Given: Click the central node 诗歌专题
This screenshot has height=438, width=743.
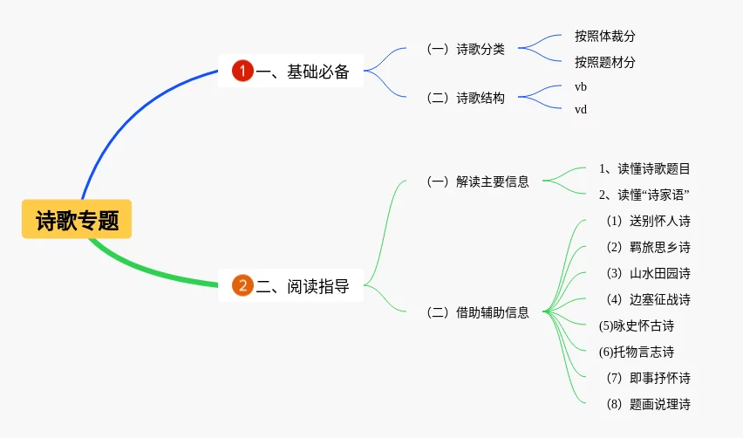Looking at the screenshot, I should point(77,220).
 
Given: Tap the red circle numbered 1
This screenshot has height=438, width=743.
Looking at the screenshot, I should point(242,71).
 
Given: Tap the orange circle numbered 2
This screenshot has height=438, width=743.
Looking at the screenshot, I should point(242,285).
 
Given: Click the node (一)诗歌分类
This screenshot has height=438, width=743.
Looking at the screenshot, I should point(466,49).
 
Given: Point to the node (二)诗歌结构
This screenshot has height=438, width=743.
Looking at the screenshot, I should point(466,98).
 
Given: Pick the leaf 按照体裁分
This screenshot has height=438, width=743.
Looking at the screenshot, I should point(604,37).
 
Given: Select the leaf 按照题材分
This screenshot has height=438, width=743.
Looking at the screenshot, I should point(604,63).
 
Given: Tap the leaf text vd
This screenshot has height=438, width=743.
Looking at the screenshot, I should point(581,109).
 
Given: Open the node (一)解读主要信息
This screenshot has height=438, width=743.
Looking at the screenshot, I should point(478,181).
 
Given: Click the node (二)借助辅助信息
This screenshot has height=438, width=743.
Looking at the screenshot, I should point(478,311).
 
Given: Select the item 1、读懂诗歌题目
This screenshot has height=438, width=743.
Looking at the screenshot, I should point(644,168).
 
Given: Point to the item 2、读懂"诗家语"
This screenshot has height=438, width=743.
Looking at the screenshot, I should point(644,195).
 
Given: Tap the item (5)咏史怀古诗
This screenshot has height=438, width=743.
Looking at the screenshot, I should point(636,325).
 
